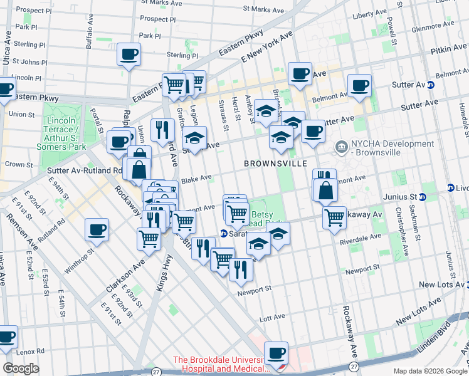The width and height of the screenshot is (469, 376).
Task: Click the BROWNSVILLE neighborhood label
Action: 276,163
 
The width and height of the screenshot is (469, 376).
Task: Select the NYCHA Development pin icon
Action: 342,148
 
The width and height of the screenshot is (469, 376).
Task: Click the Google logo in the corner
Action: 21,368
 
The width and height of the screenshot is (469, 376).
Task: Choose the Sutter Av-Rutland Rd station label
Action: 85,170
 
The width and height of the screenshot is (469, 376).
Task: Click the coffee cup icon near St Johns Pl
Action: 129,55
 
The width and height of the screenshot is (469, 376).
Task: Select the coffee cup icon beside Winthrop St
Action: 97,230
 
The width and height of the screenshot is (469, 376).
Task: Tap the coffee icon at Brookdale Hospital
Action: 276,353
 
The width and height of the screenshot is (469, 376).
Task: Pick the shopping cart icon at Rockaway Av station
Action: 335,218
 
